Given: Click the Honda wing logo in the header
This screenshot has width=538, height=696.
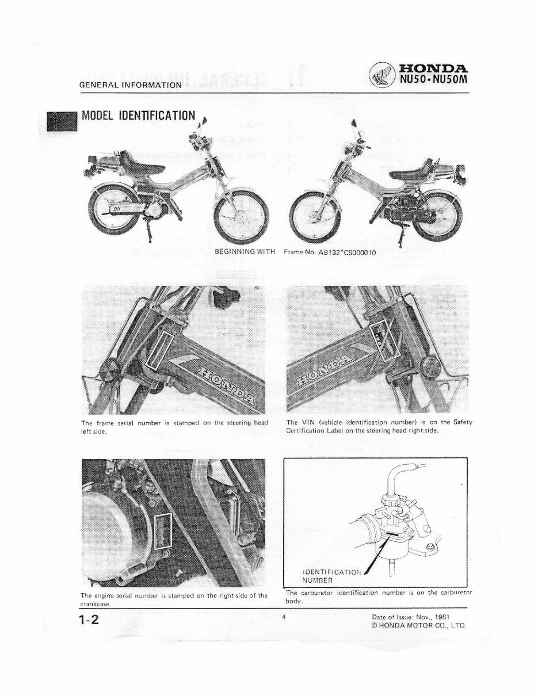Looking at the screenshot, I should click(383, 73).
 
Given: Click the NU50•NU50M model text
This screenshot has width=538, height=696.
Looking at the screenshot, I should click(432, 80).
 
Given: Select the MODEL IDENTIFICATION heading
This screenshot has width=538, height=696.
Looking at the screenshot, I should click(139, 116).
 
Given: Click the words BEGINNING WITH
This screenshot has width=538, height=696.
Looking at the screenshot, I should click(245, 251).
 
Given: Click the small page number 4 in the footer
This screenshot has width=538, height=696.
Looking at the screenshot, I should click(284, 617).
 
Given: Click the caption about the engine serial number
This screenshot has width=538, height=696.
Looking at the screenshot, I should click(173, 598).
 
